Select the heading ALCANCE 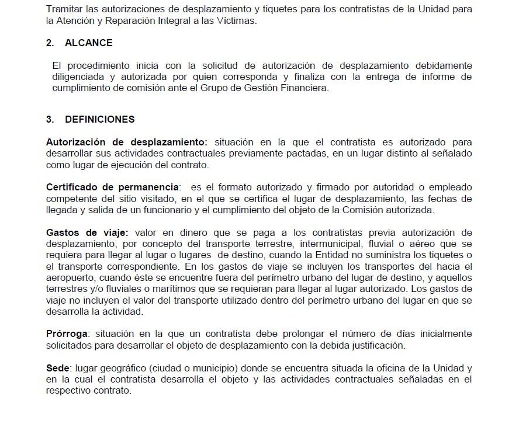(89, 43)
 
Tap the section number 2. (50, 43)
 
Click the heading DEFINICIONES (100, 119)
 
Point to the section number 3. (50, 119)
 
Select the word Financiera (308, 88)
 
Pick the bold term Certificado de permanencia (112, 187)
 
